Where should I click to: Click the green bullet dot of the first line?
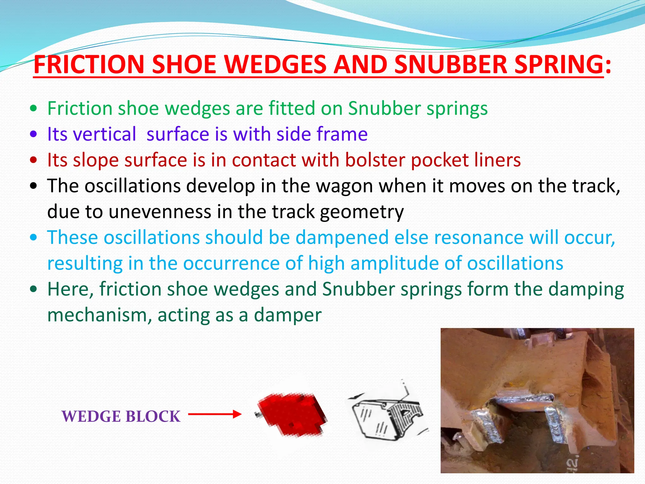(33, 109)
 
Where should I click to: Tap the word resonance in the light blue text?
(479, 237)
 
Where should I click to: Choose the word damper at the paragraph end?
(288, 315)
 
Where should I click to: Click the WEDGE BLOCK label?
(121, 417)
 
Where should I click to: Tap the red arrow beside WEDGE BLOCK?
(215, 414)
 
